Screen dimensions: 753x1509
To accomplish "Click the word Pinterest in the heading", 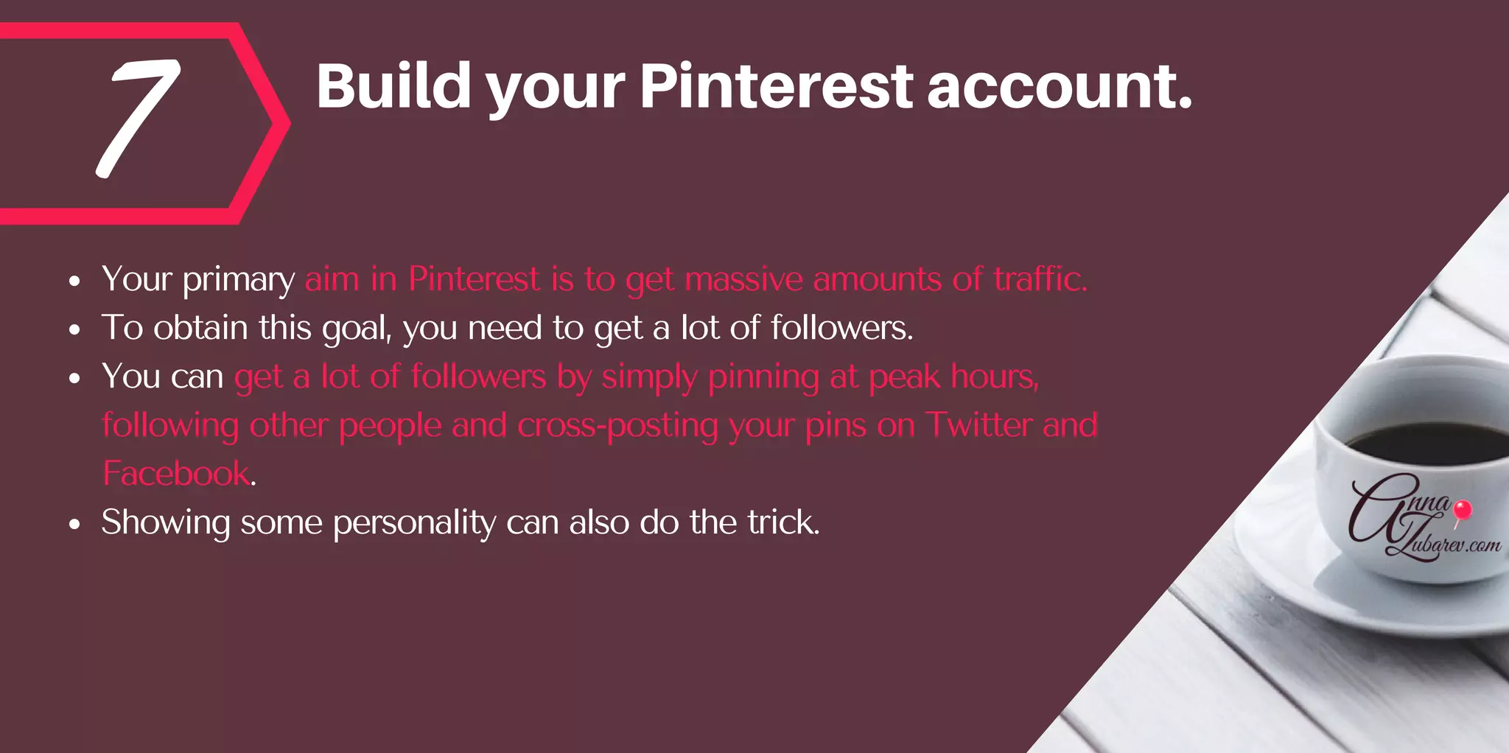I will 776,87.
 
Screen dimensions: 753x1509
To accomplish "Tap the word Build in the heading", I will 393,87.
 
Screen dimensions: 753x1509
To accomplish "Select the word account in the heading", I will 1058,87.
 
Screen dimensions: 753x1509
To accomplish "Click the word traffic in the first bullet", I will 1039,279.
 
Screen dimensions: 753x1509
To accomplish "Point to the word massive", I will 743,280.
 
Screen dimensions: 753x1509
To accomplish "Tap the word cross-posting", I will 617,426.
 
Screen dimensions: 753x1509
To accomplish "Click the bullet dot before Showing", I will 74,525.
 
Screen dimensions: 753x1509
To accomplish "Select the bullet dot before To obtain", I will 74,330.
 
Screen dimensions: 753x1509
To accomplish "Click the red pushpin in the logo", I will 1463,510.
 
